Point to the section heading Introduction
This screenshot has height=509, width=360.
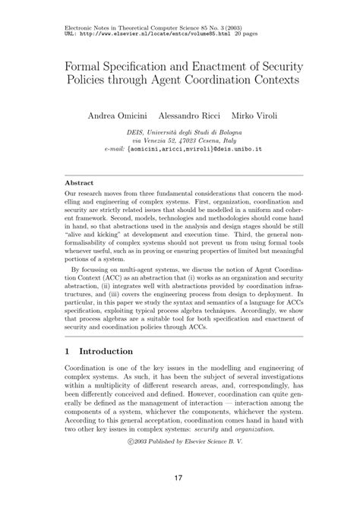click(x=102, y=352)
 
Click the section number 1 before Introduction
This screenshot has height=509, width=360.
click(x=68, y=352)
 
